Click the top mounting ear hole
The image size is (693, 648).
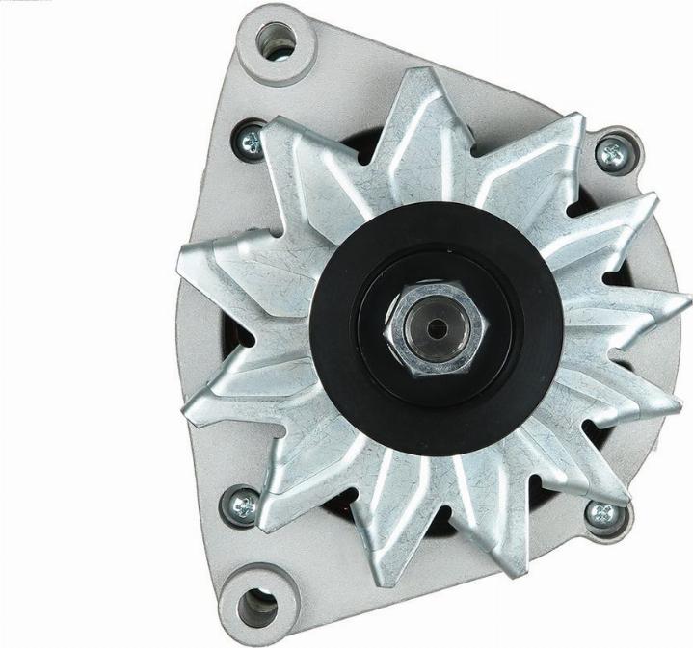coord(277,40)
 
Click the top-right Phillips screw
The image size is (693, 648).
coord(611,152)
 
